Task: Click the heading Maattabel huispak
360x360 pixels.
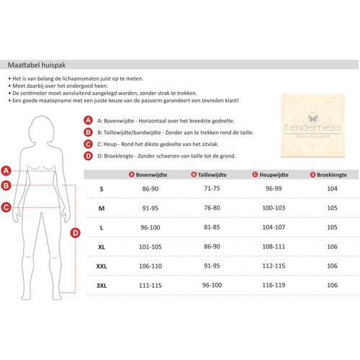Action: point(37,65)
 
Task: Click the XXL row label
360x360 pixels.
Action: point(102,266)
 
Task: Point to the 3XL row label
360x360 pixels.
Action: point(102,286)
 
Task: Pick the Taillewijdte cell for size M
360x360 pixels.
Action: point(212,208)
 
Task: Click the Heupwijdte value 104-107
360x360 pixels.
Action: point(274,227)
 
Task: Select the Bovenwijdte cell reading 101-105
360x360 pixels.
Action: point(150,247)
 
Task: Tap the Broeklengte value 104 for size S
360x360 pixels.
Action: point(332,189)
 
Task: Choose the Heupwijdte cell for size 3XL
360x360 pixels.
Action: point(274,285)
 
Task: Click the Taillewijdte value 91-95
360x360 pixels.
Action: point(212,266)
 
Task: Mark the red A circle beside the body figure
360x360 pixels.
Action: point(6,171)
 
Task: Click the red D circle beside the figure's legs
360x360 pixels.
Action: point(76,233)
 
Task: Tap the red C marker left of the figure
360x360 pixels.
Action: point(6,207)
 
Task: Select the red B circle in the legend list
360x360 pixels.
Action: point(88,132)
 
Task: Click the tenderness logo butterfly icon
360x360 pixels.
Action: point(313,118)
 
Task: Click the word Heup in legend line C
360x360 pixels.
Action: point(110,144)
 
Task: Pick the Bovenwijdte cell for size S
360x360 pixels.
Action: point(150,189)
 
